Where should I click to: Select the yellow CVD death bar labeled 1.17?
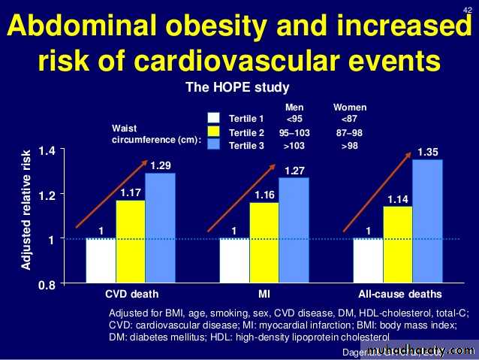[x=130, y=241]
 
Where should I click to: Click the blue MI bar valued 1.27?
[x=294, y=230]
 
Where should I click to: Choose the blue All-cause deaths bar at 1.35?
[x=427, y=221]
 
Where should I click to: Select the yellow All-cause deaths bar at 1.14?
[x=397, y=244]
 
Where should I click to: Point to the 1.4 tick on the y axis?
[x=47, y=151]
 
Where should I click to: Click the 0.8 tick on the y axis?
[x=47, y=284]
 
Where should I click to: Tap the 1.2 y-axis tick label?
[x=47, y=195]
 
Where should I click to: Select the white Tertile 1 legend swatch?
[x=214, y=118]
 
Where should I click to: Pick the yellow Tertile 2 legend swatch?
[x=214, y=132]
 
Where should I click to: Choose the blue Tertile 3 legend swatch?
[x=214, y=146]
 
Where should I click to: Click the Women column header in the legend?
[x=350, y=107]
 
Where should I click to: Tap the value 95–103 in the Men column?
[x=294, y=132]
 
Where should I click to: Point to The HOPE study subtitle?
[x=236, y=88]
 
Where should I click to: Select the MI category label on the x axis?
[x=264, y=293]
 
